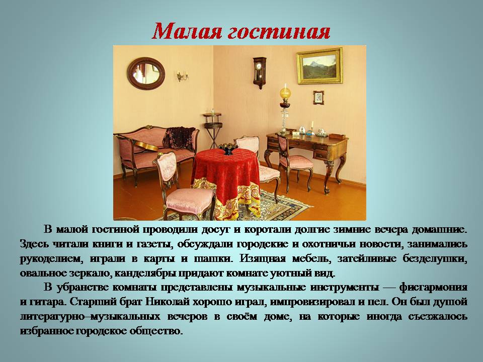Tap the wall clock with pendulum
(260, 72)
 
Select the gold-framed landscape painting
(319, 66)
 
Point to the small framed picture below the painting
(318, 98)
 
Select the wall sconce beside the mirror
(182, 76)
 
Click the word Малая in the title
(187, 31)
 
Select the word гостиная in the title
(279, 32)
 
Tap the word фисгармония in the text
(433, 288)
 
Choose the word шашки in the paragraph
(212, 258)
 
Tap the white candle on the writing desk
(312, 125)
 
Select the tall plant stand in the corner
(212, 130)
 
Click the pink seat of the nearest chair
(190, 197)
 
